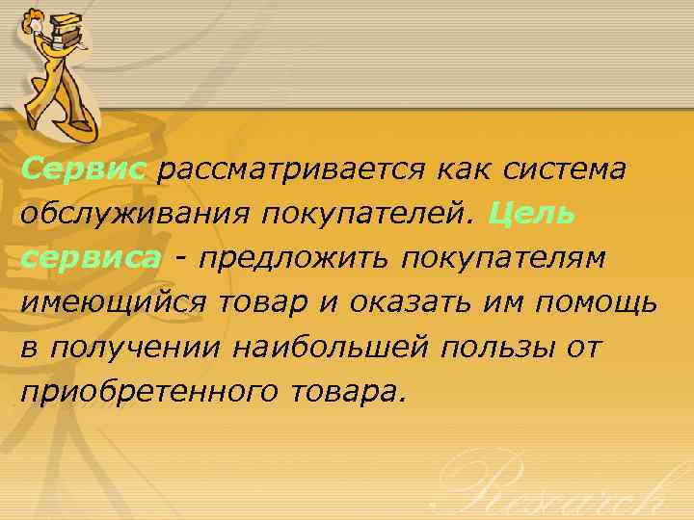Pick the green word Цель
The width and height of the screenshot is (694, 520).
[x=533, y=214]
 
